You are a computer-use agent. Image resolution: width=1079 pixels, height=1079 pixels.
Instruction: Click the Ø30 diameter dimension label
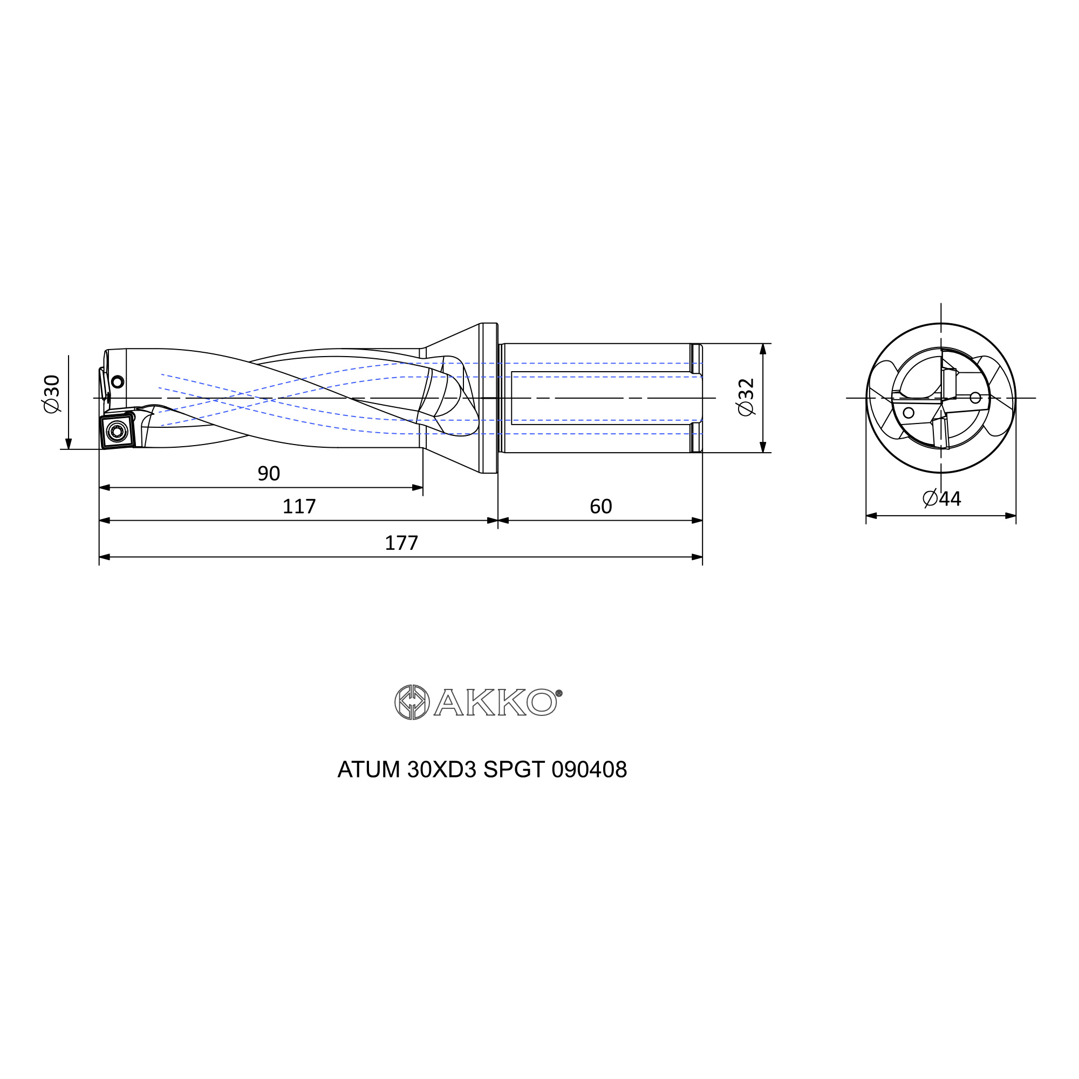pyautogui.click(x=51, y=394)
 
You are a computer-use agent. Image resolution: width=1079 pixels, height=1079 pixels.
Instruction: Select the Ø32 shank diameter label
pyautogui.click(x=746, y=398)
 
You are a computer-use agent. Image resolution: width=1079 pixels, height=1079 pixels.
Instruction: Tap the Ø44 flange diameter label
pyautogui.click(x=941, y=498)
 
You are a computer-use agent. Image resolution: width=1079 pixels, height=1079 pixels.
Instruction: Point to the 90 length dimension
pyautogui.click(x=269, y=474)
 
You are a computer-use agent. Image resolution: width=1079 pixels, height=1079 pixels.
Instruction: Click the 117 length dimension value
pyautogui.click(x=299, y=507)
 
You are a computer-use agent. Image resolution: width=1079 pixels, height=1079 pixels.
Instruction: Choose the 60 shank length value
pyautogui.click(x=601, y=507)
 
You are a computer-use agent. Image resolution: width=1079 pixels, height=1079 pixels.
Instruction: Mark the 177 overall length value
pyautogui.click(x=401, y=543)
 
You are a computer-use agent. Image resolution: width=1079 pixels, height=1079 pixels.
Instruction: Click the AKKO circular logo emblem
pyautogui.click(x=412, y=702)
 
